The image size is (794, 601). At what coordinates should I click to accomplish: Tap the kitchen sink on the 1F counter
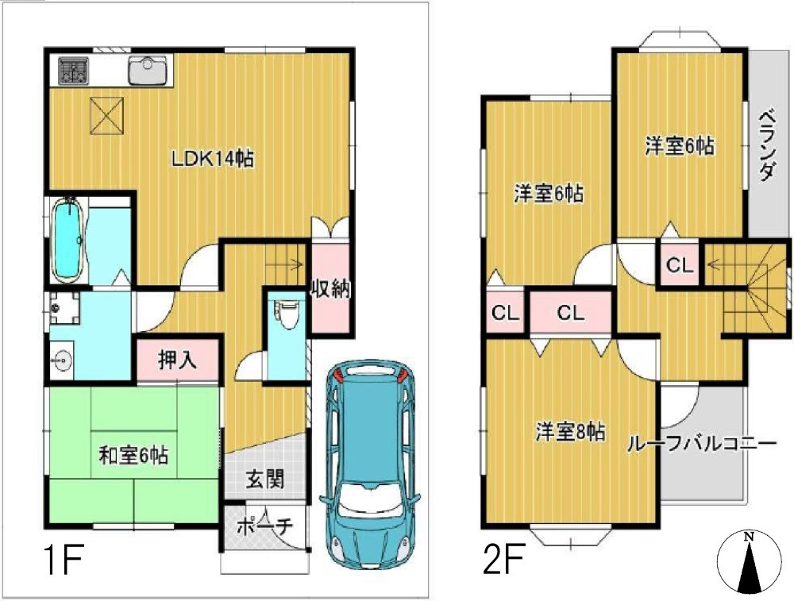[148, 72]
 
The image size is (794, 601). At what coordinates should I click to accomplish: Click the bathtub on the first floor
[69, 240]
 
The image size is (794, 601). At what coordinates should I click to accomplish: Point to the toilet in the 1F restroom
[287, 312]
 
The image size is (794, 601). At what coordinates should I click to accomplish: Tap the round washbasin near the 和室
[61, 362]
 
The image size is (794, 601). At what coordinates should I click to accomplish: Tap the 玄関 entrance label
[264, 480]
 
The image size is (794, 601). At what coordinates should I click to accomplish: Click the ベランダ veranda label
[766, 147]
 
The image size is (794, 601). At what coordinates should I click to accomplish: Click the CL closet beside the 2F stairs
[679, 265]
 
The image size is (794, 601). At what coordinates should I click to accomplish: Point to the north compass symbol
[749, 562]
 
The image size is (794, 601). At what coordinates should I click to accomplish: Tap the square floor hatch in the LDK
[106, 114]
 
